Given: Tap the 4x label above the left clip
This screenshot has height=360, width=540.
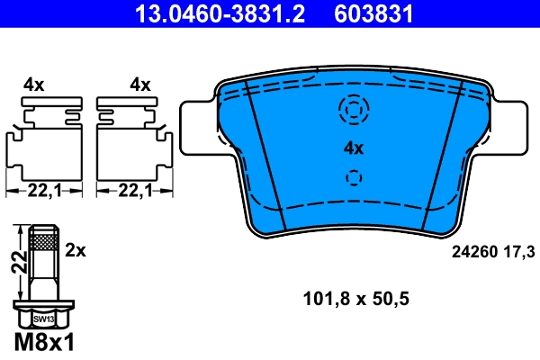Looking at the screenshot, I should point(34,85).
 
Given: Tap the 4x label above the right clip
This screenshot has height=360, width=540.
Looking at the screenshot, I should point(139,85).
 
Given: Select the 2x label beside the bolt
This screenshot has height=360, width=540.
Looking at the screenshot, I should point(76,250).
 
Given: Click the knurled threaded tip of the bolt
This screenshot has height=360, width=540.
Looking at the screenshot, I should point(44,239).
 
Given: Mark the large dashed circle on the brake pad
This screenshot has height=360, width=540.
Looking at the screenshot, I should point(353,110).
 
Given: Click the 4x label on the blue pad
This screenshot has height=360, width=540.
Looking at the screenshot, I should point(353,148).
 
